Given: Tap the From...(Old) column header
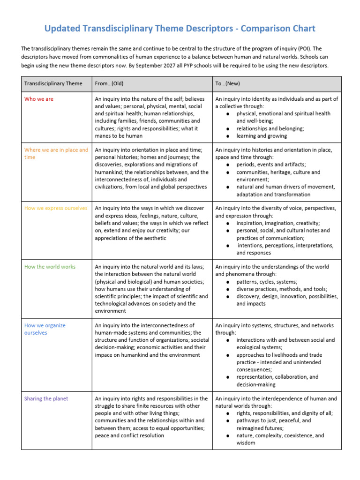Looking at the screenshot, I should [x=109, y=83].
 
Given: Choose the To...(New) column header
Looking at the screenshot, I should [x=228, y=83].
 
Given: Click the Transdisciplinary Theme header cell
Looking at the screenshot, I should [x=53, y=83].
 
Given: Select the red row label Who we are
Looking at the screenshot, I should [x=39, y=99].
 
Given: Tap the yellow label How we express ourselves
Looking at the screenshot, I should [x=55, y=208].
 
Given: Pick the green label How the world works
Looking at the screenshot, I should [x=50, y=267].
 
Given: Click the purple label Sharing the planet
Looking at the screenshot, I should [x=46, y=399].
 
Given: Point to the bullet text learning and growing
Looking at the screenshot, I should [x=262, y=136].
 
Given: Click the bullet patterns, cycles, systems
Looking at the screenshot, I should [x=267, y=282].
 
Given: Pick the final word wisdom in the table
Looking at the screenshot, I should [x=246, y=443].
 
